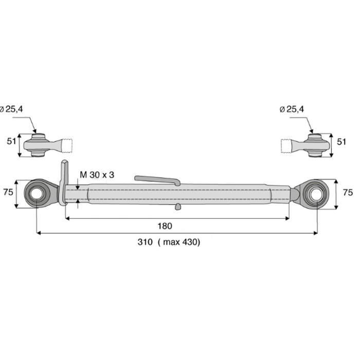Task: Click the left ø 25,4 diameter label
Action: point(11,109)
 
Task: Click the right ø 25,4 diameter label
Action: point(292,109)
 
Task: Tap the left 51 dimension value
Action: point(11,141)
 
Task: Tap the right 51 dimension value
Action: point(341,141)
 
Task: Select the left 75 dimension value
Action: point(8,192)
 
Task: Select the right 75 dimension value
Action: point(348,192)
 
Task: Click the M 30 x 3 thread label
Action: point(97,175)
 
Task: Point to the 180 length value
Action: point(165,226)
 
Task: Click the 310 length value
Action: point(145,242)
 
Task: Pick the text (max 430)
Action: point(179,242)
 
